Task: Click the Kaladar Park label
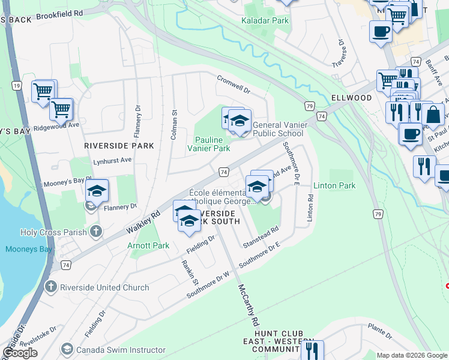tap(265, 20)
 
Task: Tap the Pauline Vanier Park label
tap(208, 143)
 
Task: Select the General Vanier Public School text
tap(278, 129)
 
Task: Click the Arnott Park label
tap(148, 245)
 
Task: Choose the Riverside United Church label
tap(104, 287)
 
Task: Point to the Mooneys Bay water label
tap(26, 249)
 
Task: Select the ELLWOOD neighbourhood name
tap(351, 97)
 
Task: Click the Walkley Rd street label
tap(143, 222)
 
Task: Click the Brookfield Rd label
tap(59, 13)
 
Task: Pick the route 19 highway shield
tap(16, 86)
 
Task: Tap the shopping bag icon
tap(432, 114)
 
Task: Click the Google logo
tap(20, 353)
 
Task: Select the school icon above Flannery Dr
tap(97, 191)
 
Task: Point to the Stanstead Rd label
tap(261, 237)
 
